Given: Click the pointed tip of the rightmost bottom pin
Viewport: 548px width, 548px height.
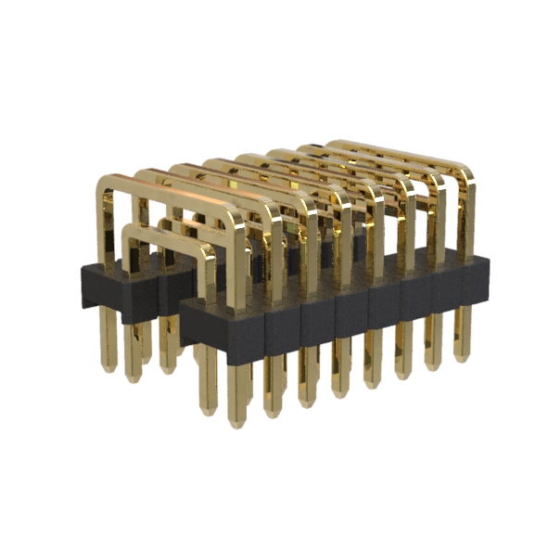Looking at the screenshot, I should pyautogui.click(x=460, y=359).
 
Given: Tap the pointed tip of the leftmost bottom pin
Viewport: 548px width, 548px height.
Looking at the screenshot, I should pyautogui.click(x=109, y=368).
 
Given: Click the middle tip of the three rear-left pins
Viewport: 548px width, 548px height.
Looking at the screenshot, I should pyautogui.click(x=134, y=378).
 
